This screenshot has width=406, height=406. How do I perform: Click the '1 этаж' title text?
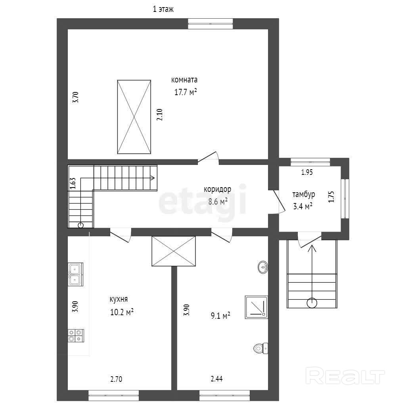click(x=163, y=10)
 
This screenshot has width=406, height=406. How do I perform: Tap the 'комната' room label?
click(x=184, y=80)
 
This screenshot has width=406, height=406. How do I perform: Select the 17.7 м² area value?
click(x=186, y=92)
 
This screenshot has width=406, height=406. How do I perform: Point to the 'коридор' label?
click(x=218, y=190)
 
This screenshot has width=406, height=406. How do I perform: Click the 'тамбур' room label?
click(x=303, y=194)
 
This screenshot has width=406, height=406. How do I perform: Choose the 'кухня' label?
click(x=119, y=299)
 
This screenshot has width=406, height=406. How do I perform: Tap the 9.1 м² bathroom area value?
click(x=220, y=316)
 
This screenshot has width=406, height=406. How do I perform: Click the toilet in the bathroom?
click(x=261, y=348)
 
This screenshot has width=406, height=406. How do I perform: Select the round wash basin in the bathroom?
click(x=263, y=267)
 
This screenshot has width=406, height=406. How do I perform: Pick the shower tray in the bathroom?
click(x=257, y=307)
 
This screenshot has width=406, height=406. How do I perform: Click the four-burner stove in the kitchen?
click(x=76, y=335)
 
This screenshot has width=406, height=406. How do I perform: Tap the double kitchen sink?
click(x=76, y=274)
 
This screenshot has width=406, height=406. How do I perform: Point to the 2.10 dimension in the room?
click(x=159, y=115)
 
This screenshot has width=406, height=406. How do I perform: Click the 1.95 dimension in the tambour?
click(x=307, y=172)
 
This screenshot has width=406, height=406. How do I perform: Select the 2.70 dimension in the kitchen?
click(x=116, y=379)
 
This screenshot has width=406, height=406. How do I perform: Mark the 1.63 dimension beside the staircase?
click(x=73, y=183)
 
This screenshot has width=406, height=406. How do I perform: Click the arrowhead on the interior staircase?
click(x=153, y=178)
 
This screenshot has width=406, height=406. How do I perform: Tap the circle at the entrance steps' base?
click(x=312, y=303)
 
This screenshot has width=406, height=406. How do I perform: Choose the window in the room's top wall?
click(x=210, y=23)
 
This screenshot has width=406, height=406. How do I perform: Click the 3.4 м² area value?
click(x=303, y=206)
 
